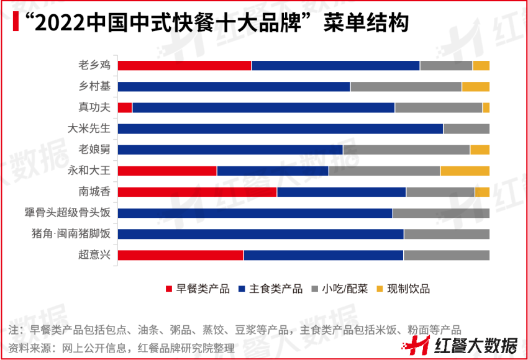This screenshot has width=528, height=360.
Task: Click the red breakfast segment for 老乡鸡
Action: (184, 66)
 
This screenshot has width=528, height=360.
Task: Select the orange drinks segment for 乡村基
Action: (475, 87)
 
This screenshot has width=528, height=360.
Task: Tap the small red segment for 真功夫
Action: (125, 108)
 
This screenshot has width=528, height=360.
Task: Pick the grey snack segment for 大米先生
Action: (466, 129)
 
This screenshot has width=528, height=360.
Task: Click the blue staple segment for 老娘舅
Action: (230, 150)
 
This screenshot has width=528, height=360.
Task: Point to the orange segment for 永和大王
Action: (465, 171)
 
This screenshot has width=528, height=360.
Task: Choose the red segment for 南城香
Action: (197, 192)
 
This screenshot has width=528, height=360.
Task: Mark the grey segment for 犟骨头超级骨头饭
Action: (440, 213)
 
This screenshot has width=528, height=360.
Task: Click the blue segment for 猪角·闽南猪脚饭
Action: (260, 234)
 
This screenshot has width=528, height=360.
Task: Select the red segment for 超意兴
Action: (181, 255)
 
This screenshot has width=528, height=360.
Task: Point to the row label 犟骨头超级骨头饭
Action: (68, 213)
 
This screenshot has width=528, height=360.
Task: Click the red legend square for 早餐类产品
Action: (169, 289)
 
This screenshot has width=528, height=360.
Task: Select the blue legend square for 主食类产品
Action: (242, 289)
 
